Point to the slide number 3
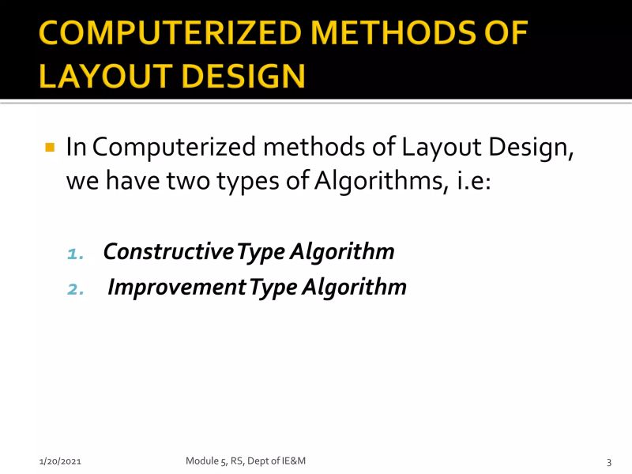(x=609, y=461)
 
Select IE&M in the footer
(x=303, y=461)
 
